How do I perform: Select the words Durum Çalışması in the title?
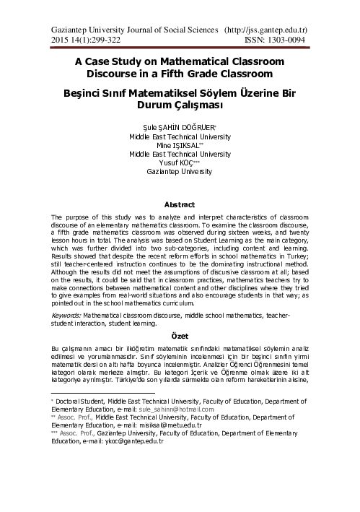[179, 105]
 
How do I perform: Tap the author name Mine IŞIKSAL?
[178, 144]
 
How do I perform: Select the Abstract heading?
[180, 205]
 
